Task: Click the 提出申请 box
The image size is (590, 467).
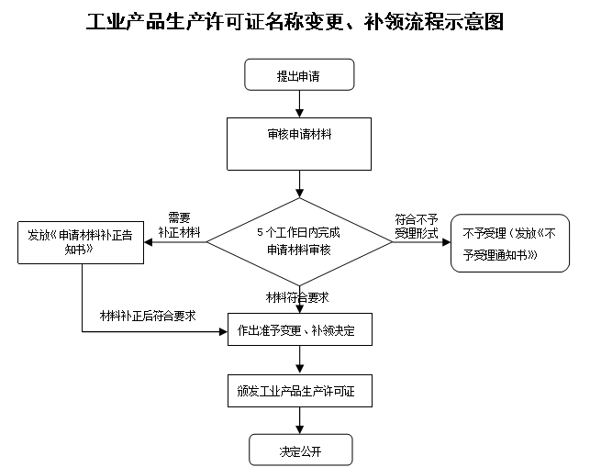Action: tap(299, 75)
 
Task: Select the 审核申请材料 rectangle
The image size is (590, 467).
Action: tap(299, 143)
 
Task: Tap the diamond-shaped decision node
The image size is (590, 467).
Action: tap(299, 242)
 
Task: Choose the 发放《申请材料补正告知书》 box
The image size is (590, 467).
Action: tap(81, 242)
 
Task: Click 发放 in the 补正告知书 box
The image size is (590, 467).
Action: tap(39, 235)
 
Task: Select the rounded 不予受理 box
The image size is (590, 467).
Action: tap(510, 243)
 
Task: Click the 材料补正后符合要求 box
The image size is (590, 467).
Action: tap(152, 313)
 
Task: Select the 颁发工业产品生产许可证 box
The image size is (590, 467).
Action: tap(299, 393)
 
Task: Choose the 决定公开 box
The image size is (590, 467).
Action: tap(301, 450)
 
